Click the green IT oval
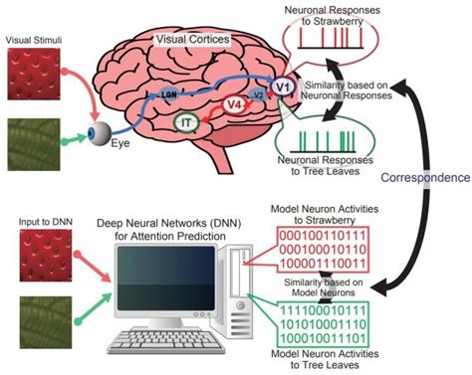(186, 123)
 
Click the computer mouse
(247, 352)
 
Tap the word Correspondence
(425, 177)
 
